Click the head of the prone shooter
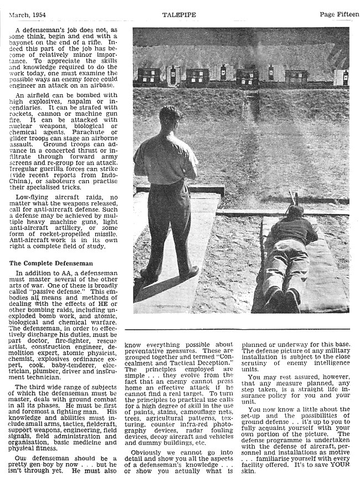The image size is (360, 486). (296, 211)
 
